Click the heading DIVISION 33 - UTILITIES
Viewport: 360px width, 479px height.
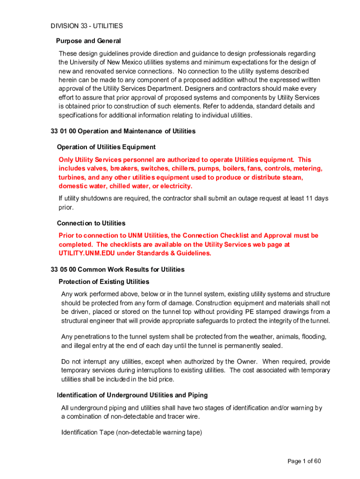tap(87, 26)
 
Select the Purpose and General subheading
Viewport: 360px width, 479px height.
tap(88, 41)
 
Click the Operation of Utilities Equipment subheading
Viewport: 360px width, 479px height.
tap(106, 147)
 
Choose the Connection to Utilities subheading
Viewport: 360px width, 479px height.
tap(91, 223)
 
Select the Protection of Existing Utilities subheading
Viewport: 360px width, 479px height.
tap(104, 282)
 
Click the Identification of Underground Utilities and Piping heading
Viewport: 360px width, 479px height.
tap(132, 395)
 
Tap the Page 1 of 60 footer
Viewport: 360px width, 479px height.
tap(304, 461)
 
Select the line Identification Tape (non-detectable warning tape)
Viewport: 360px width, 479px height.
tap(131, 433)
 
